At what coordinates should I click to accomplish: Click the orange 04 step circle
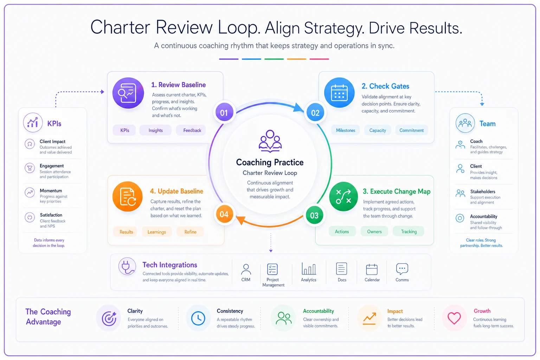[x=224, y=214]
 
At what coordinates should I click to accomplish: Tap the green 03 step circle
[x=314, y=215]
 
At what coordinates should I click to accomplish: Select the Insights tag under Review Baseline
[x=155, y=130]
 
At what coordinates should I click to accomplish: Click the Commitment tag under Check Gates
[x=412, y=130]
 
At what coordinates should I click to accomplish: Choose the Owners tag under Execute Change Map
[x=374, y=231]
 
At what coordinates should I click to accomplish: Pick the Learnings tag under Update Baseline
[x=157, y=232]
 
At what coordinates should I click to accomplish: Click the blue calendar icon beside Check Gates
[x=339, y=93]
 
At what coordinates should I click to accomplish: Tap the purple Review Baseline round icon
[x=128, y=93]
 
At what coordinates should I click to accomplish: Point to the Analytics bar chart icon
[x=309, y=269]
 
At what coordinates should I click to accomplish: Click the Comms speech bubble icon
[x=402, y=269]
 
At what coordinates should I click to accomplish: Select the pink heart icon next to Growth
[x=454, y=318]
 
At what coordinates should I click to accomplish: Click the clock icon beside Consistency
[x=198, y=318]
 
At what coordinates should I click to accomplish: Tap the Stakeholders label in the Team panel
[x=483, y=192]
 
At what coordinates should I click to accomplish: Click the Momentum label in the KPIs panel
[x=51, y=191]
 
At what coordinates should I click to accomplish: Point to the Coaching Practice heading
[x=270, y=162]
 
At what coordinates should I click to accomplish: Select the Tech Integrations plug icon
[x=127, y=266]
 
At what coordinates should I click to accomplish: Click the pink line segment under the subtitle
[x=319, y=59]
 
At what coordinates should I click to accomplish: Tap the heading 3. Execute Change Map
[x=397, y=192]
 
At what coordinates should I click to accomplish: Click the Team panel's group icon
[x=465, y=123]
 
